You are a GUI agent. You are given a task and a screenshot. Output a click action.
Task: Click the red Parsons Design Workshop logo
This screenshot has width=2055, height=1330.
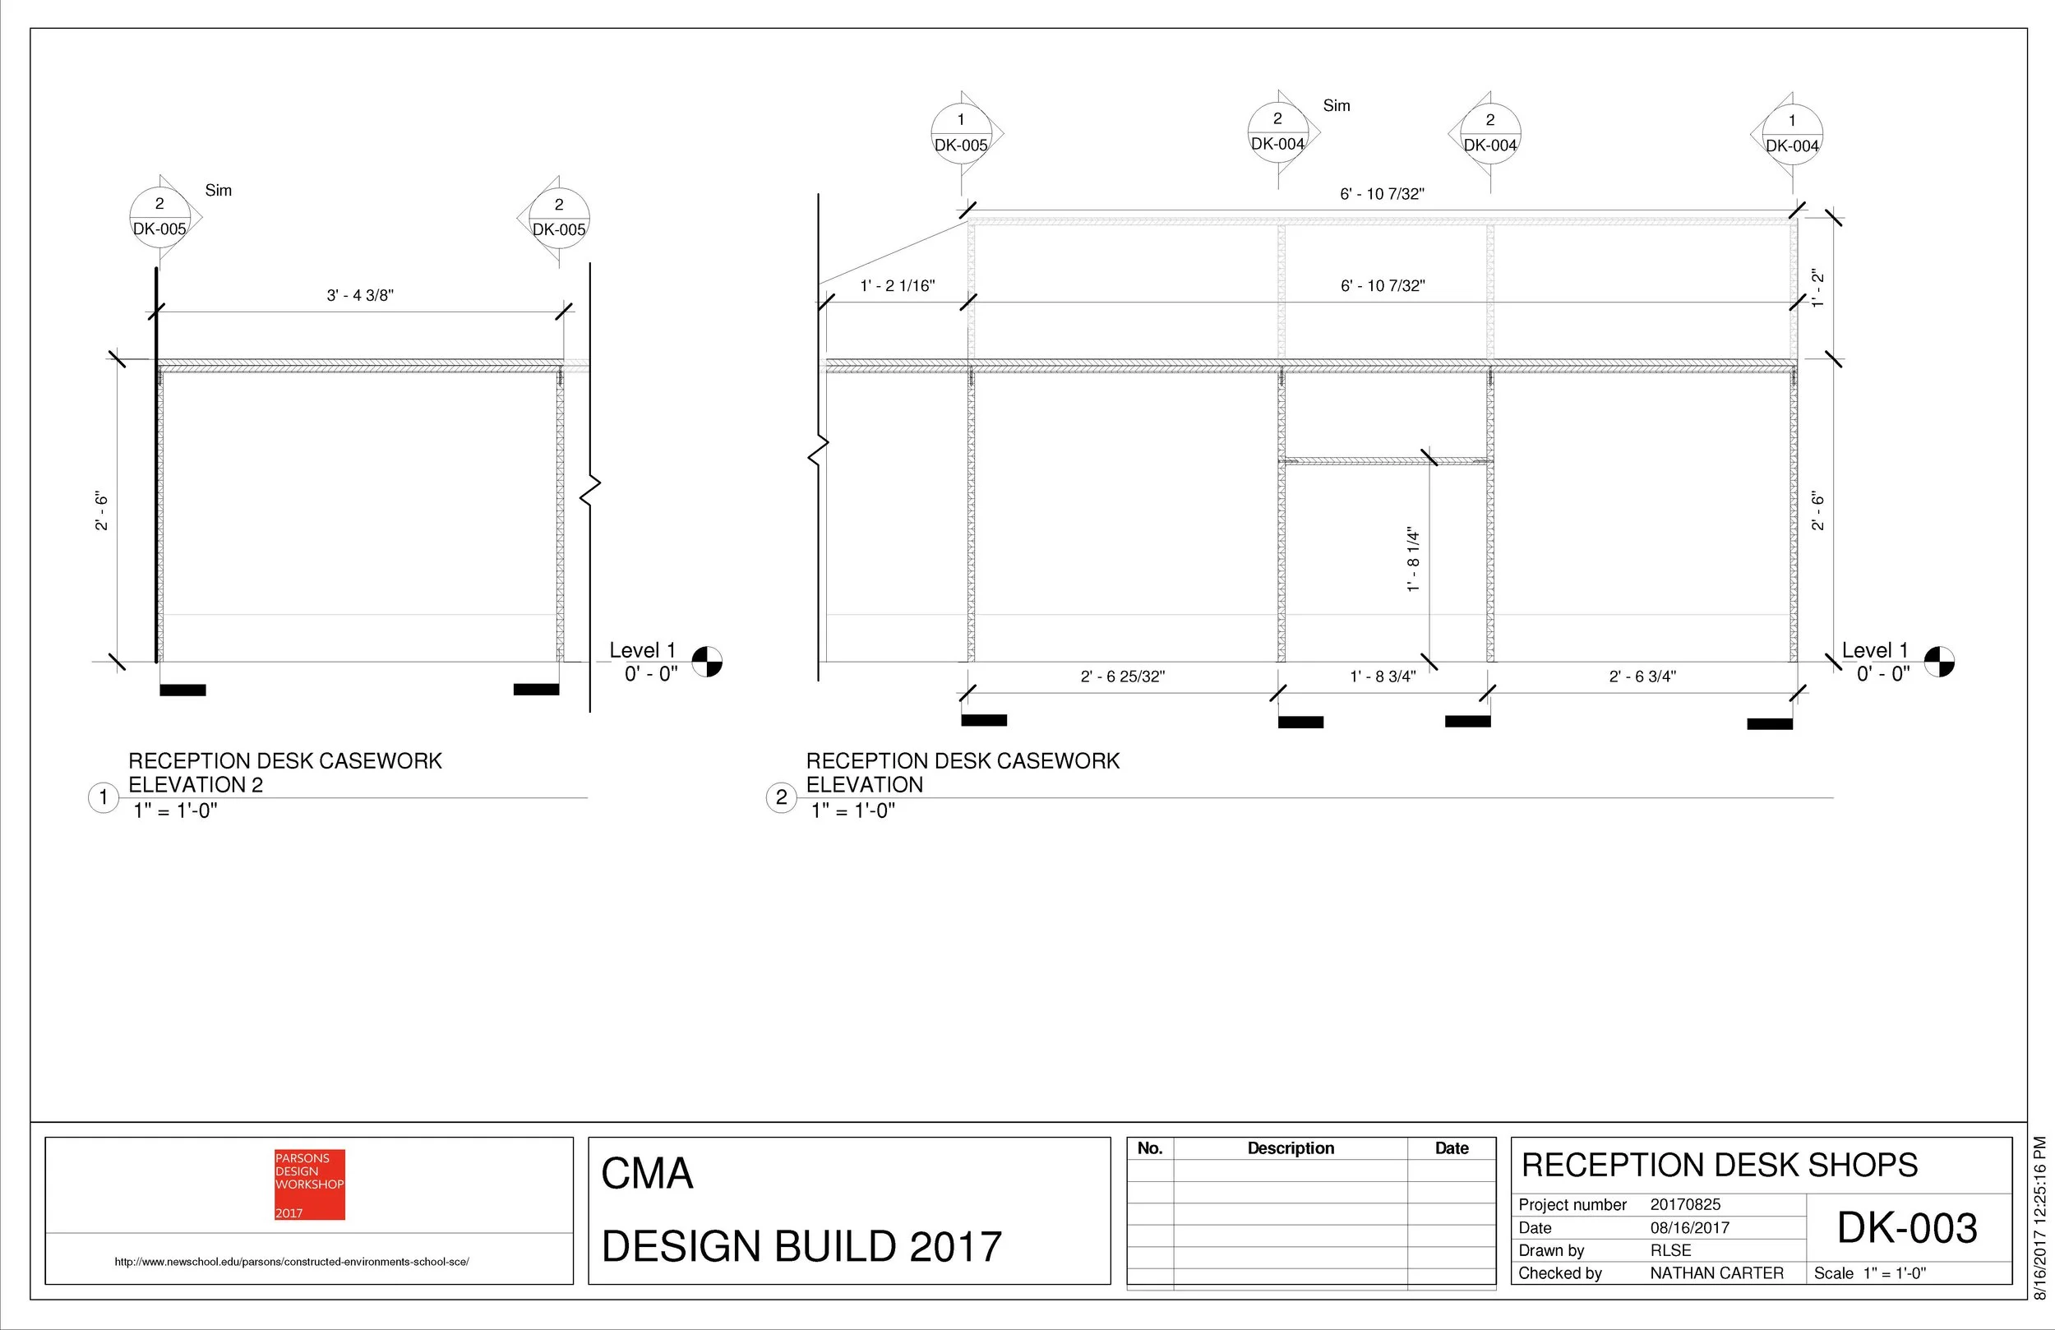309,1184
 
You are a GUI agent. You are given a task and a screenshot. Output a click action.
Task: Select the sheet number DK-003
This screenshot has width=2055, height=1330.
1906,1228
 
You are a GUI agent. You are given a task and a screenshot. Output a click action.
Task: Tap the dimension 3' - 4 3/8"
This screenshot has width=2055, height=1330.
359,295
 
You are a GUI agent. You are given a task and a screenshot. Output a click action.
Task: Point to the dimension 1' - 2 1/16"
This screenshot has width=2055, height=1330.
897,286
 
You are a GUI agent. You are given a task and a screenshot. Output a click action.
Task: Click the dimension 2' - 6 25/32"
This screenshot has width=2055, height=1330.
1123,677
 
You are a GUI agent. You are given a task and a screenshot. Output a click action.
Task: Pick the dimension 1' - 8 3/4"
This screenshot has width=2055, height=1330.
1383,677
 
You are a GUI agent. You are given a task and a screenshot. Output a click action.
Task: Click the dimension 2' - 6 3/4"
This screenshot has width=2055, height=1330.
1642,677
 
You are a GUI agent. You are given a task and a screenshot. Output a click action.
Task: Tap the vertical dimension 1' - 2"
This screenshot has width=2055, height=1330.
1818,289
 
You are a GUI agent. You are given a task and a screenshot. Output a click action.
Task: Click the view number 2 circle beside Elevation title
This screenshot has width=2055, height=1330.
782,797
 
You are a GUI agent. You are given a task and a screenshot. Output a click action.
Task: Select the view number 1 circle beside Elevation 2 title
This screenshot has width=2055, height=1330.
104,797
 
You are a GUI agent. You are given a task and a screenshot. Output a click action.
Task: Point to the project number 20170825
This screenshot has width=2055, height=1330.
1684,1205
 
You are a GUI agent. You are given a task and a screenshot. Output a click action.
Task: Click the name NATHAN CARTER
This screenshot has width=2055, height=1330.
1716,1273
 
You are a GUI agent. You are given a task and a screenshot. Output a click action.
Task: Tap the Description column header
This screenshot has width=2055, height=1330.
1290,1148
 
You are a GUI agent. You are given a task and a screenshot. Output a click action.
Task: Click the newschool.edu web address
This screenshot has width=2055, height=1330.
292,1262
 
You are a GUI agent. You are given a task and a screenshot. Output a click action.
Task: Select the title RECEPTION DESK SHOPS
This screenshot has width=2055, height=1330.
1719,1165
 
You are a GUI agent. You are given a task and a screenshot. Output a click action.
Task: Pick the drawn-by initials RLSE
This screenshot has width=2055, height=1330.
1671,1250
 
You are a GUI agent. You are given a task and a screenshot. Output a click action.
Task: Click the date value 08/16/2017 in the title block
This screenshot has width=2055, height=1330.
1690,1228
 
